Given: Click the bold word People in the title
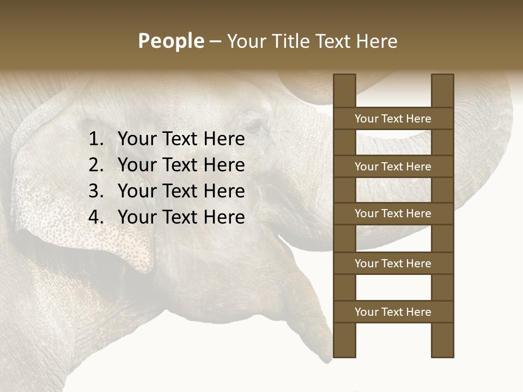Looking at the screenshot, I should (x=171, y=41).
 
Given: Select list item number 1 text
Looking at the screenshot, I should (x=181, y=139).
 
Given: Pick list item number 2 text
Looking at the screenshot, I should (x=181, y=165).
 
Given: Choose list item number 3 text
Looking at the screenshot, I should (x=181, y=191).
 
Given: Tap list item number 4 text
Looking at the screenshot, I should (x=181, y=217).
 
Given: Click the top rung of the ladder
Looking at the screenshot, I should (x=393, y=119).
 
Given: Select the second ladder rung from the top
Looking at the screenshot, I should (x=393, y=167).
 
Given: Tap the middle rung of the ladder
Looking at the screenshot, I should (x=393, y=213).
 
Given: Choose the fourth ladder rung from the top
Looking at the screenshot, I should (x=393, y=264).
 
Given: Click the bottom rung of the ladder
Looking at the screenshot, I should (x=393, y=312).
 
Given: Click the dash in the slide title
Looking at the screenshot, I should (x=215, y=42).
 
